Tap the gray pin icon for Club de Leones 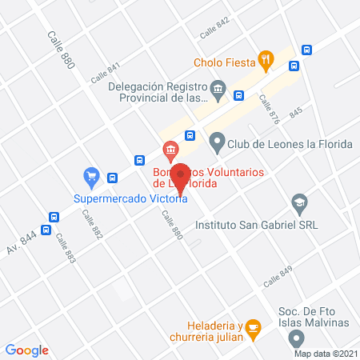coord(216,144)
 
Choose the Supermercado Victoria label coord(130,199)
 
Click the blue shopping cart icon coord(91,175)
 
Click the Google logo coord(27,350)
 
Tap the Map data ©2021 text coord(326,354)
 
